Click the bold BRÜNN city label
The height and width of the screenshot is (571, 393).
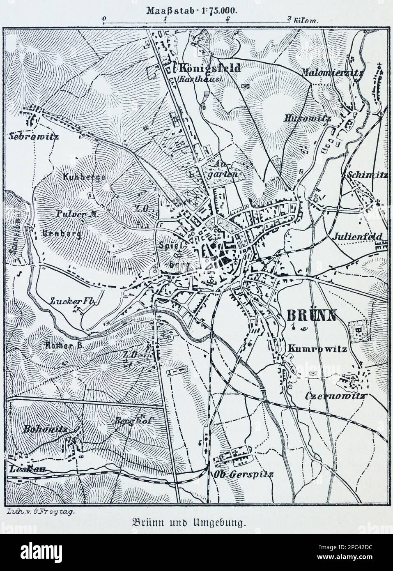tap(311, 315)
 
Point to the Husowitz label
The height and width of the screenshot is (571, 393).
tap(313, 118)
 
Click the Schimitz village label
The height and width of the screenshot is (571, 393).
tap(367, 175)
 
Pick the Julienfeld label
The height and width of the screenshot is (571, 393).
tap(358, 237)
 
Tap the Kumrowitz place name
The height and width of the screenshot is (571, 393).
tap(317, 349)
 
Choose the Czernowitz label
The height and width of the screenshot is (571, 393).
tap(336, 396)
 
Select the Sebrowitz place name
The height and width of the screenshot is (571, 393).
tap(32, 136)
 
